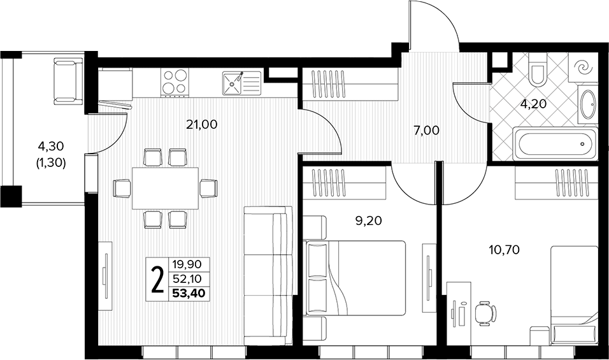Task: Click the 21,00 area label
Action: [x=201, y=125]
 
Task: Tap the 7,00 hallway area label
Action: [x=426, y=131]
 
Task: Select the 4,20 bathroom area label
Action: [x=533, y=104]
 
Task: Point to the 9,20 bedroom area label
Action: [x=369, y=221]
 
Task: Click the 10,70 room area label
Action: [x=504, y=250]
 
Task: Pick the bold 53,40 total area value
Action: [x=189, y=292]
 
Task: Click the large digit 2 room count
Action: [x=157, y=279]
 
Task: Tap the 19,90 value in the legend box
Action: [x=187, y=265]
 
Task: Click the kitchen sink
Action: [x=241, y=83]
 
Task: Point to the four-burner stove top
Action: [x=175, y=82]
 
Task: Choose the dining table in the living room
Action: [x=166, y=189]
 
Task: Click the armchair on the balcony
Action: [x=69, y=81]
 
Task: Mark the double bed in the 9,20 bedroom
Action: [x=355, y=278]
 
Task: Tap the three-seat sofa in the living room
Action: [x=268, y=276]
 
